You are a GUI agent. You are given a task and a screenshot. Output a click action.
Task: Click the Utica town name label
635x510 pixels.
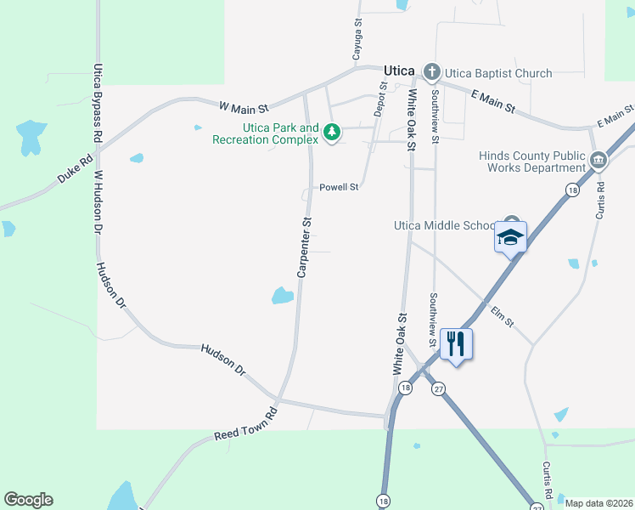point(397,71)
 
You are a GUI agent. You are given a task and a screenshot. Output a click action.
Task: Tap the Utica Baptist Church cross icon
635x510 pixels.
point(431,71)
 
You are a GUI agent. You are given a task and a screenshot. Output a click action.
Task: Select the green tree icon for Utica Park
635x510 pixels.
point(331,133)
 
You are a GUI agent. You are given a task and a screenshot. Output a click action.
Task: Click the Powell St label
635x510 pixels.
point(339,187)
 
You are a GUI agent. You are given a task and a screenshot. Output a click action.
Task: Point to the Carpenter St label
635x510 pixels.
point(304,246)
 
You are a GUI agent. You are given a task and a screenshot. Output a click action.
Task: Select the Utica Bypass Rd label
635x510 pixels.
point(98,102)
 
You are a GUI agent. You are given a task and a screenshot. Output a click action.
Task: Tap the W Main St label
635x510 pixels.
point(244,108)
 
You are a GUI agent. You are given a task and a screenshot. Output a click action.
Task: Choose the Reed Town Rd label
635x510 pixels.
point(246,422)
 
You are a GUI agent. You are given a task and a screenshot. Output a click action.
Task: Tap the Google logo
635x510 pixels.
point(28,500)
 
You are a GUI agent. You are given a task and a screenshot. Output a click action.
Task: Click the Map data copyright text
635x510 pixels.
point(598,503)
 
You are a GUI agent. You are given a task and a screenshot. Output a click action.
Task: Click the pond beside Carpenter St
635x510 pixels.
point(283,296)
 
